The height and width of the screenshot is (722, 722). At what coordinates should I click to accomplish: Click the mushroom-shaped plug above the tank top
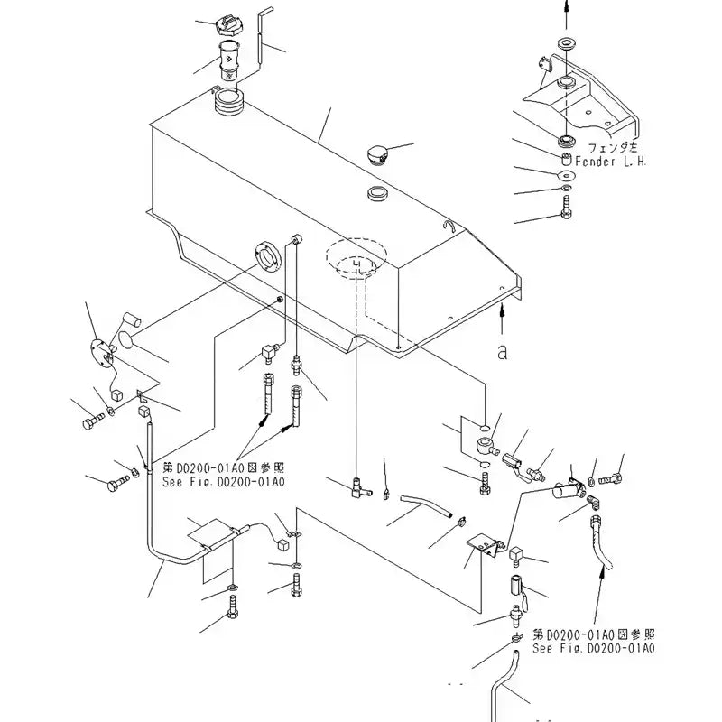[x=379, y=154]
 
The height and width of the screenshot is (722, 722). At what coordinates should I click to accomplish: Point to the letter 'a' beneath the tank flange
[x=502, y=352]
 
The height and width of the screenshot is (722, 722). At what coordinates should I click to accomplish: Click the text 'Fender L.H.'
[x=590, y=161]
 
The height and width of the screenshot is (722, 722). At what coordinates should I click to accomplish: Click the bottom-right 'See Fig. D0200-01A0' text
[x=593, y=648]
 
